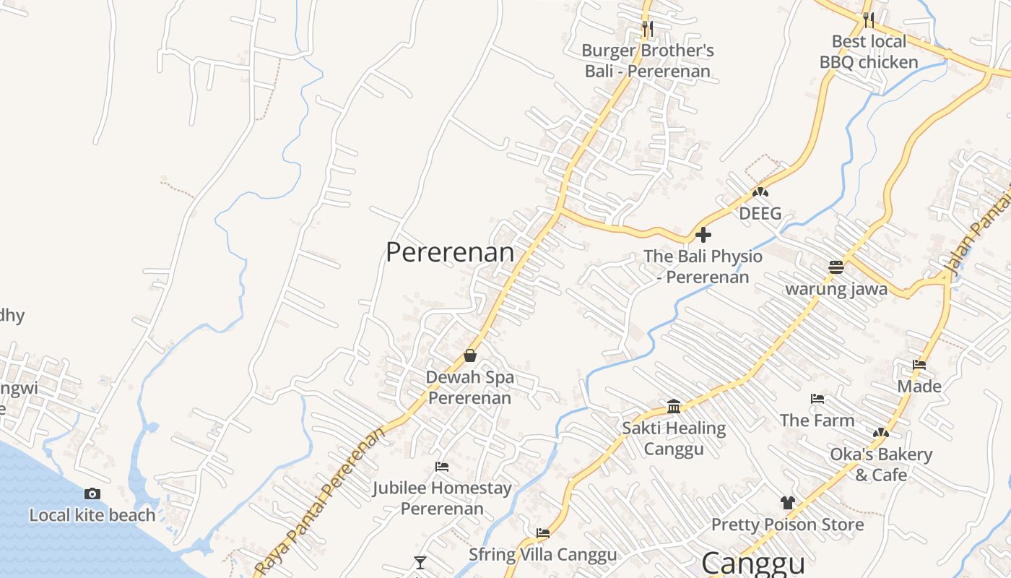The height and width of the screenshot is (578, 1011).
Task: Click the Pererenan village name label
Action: click(450, 253)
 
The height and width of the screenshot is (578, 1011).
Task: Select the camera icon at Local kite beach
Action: click(92, 494)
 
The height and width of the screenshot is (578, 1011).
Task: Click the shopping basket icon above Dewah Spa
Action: click(470, 355)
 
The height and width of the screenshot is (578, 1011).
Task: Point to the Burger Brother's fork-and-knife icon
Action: click(648, 30)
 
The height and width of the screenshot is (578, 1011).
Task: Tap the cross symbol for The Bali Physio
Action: click(703, 235)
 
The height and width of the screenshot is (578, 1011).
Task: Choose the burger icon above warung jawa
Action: click(836, 267)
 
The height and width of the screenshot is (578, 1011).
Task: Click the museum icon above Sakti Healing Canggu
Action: click(674, 407)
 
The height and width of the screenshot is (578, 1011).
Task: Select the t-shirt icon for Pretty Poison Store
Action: click(787, 503)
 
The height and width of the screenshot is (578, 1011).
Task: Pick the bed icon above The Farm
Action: click(817, 399)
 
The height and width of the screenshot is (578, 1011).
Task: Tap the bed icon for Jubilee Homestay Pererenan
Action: click(442, 467)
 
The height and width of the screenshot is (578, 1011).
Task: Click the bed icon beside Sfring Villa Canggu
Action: click(543, 533)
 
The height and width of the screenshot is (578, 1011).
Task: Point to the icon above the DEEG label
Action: click(759, 193)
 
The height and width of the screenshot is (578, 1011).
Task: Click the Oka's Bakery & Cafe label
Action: click(881, 465)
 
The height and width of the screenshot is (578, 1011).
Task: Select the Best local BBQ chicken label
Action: click(869, 52)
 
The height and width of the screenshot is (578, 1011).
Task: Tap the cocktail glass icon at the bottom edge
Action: click(420, 563)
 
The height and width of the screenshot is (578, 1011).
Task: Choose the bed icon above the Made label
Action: click(919, 365)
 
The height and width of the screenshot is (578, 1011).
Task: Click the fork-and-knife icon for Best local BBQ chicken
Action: click(868, 20)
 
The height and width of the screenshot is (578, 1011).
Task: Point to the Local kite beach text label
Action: click(92, 515)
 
